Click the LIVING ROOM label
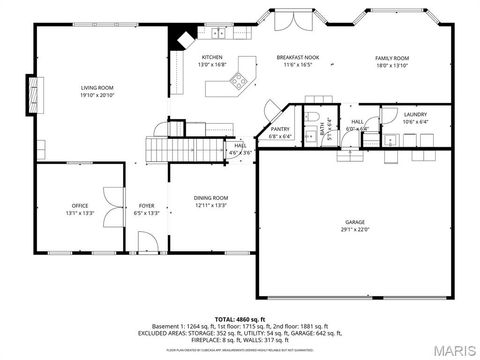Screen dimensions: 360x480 pos(98,89)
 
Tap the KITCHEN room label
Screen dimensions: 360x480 pos(213,58)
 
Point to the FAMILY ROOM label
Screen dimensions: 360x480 pos(392,58)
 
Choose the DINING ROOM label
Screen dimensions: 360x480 pos(211,198)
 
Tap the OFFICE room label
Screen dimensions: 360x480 pos(79,206)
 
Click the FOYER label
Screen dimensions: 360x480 pos(146,206)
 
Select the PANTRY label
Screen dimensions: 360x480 pos(280,129)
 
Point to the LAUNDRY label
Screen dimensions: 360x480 pos(415,115)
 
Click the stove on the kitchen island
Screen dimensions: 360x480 pos(239,85)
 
